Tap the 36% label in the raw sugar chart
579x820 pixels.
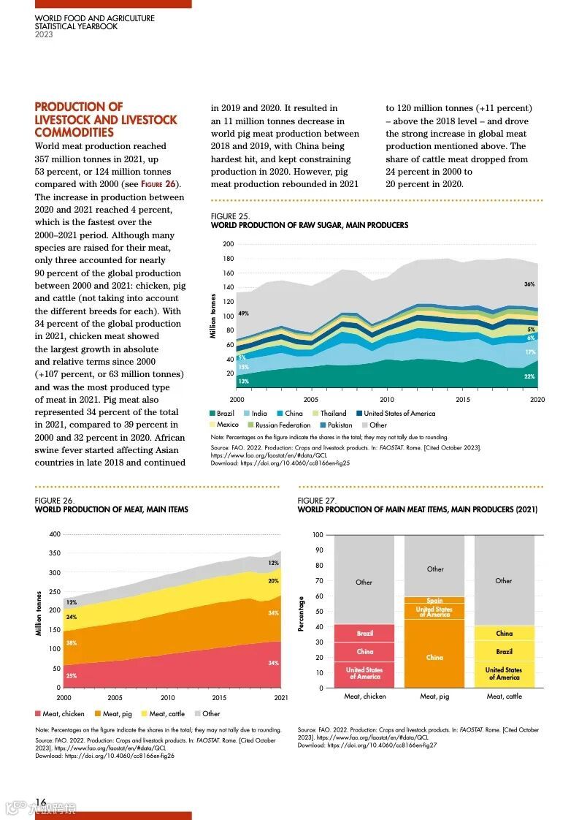pos(529,284)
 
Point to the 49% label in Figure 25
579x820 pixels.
pos(243,314)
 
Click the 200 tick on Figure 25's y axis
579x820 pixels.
pos(229,244)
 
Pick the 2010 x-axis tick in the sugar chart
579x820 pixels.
pos(387,400)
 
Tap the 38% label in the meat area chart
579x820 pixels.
pos(72,643)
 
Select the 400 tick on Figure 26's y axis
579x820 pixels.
pos(55,534)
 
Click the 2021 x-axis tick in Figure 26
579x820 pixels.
pos(280,698)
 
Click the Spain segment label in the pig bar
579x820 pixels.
pos(434,601)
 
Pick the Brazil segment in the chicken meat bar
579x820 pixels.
pos(364,634)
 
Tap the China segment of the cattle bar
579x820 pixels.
pos(504,634)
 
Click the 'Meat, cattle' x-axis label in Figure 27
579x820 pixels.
pos(504,696)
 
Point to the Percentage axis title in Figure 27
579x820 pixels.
pos(302,613)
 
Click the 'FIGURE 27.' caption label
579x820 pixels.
pos(316,501)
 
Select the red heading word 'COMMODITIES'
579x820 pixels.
pos(74,132)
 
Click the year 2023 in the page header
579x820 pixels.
pos(44,34)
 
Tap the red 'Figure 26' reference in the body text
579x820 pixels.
pos(160,184)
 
